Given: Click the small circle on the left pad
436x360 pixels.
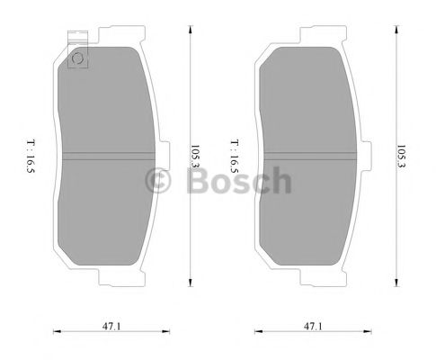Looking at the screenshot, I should [x=77, y=60].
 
